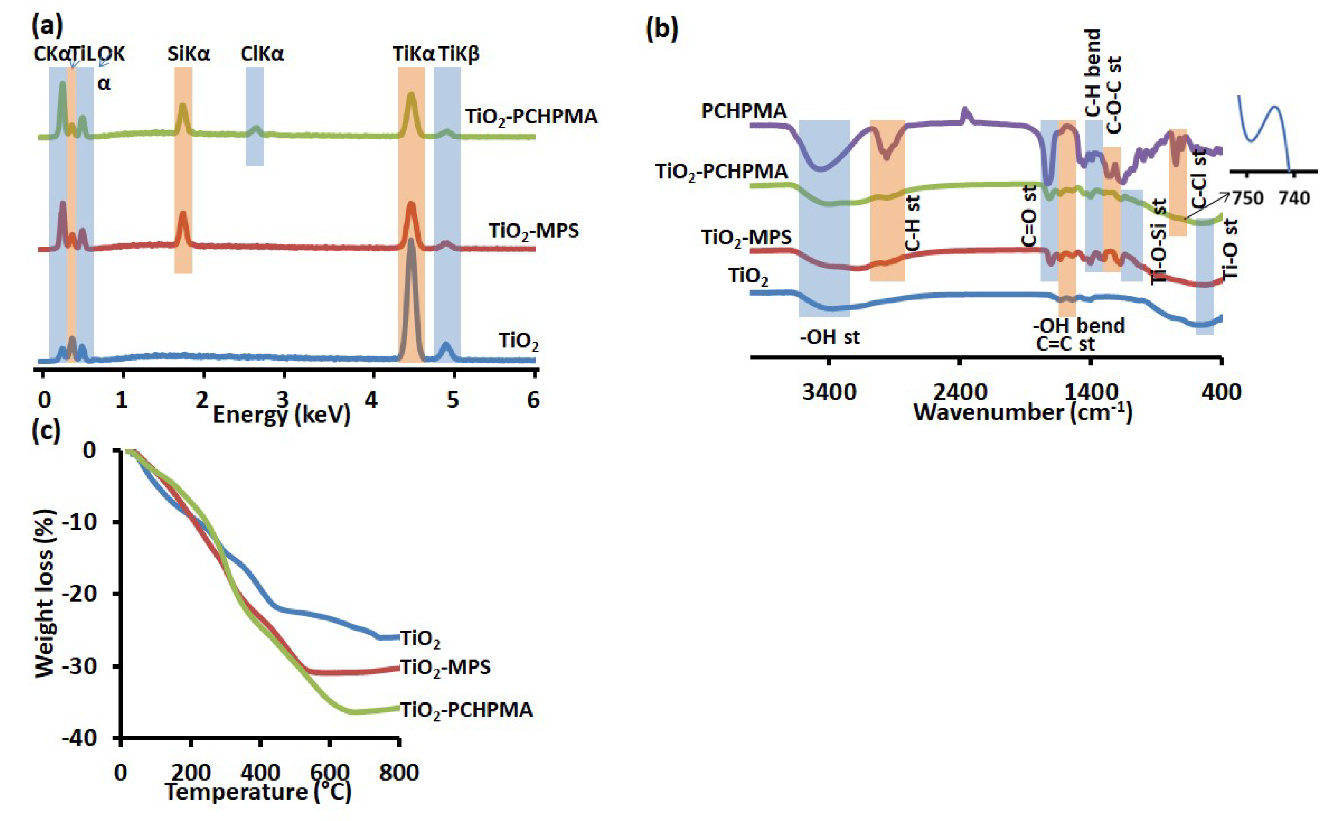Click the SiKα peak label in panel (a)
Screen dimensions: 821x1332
click(x=188, y=54)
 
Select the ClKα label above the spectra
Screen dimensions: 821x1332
click(x=262, y=54)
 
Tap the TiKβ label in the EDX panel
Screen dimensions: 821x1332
click(x=459, y=54)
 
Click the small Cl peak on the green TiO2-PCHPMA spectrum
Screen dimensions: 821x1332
click(x=256, y=130)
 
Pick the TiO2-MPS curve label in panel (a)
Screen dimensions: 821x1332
click(x=534, y=231)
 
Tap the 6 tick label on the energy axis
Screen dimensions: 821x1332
click(x=533, y=401)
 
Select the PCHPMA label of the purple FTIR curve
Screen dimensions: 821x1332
click(x=744, y=111)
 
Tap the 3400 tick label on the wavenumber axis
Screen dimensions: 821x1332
click(x=829, y=391)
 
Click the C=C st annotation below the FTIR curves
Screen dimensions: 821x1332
click(x=1065, y=344)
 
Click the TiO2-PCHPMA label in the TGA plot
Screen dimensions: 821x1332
click(x=466, y=710)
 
